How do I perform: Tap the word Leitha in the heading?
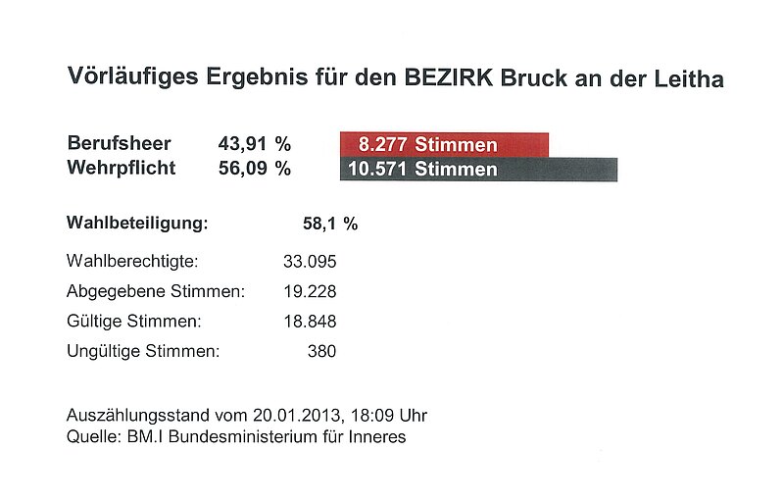[x=691, y=77]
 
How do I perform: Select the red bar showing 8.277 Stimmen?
[x=444, y=145]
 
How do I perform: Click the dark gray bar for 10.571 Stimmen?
[x=478, y=169]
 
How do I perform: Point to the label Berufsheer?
[x=119, y=144]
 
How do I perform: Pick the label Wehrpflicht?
[x=122, y=168]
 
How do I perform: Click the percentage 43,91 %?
[x=254, y=144]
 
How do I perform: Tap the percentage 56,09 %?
[x=254, y=168]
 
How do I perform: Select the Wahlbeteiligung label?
[x=138, y=224]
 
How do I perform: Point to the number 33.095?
[x=309, y=262]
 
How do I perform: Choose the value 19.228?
[x=309, y=291]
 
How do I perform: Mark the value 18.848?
[x=309, y=321]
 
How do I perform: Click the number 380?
[x=321, y=350]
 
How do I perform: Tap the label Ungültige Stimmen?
[x=143, y=350]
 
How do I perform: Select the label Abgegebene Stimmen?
[x=155, y=291]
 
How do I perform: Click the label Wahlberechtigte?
[x=132, y=262]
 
